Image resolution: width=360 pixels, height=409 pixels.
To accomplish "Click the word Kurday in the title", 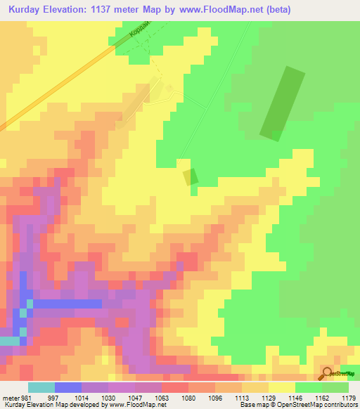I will coord(25,10).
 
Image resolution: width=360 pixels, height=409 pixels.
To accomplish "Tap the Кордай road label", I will coord(141,32).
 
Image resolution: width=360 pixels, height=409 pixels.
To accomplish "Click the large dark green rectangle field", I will coord(283,103).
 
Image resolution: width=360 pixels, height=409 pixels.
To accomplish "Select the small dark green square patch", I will coord(190,177).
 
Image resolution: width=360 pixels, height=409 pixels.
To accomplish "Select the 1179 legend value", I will coord(348,398).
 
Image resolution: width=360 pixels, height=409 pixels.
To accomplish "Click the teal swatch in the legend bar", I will coord(41,387).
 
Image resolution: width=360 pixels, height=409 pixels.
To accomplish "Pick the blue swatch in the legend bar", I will coord(68,387).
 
